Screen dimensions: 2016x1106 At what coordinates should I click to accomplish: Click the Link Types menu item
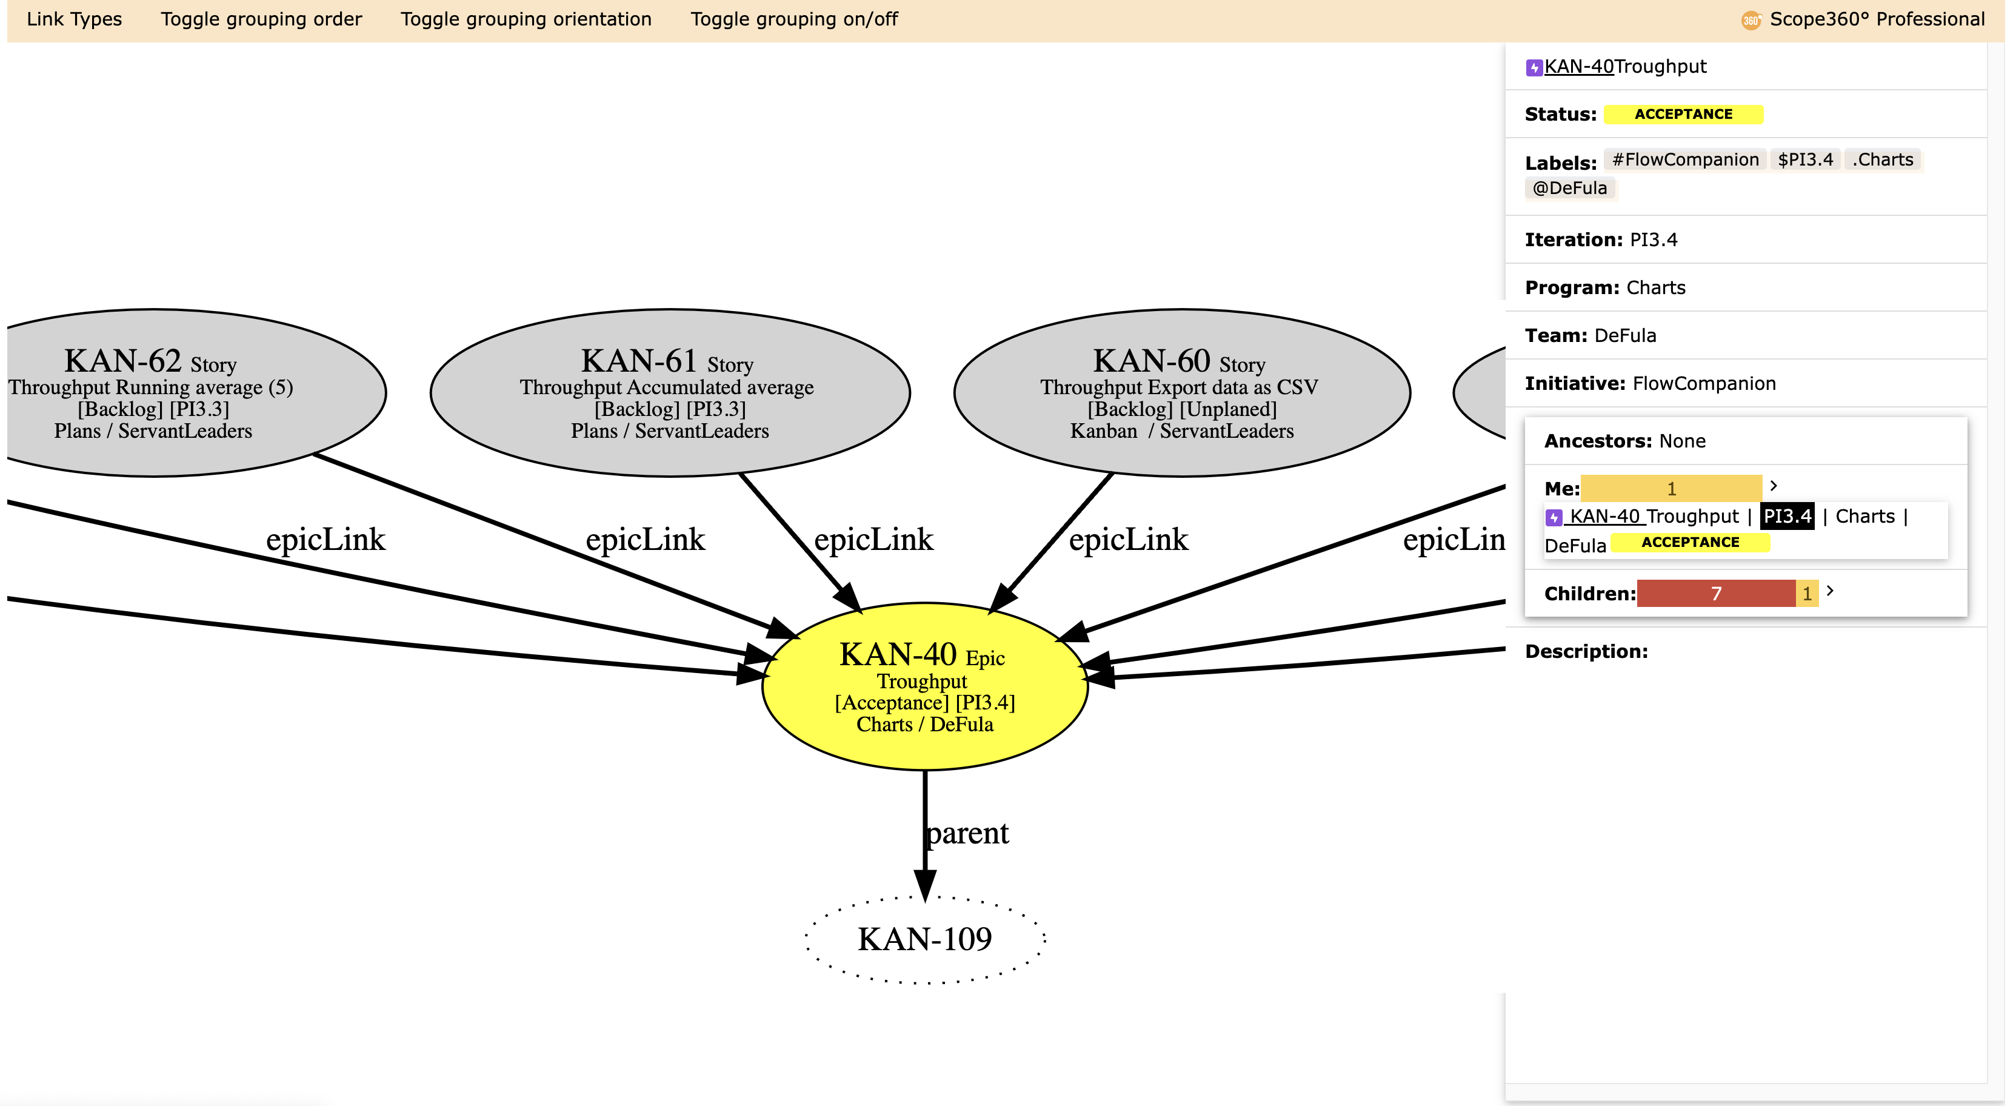(x=75, y=19)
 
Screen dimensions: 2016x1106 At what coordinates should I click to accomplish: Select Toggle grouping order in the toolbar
(x=261, y=19)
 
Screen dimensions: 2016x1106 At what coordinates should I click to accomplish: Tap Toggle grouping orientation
(x=526, y=19)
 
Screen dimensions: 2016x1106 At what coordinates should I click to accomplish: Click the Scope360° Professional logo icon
(x=1751, y=21)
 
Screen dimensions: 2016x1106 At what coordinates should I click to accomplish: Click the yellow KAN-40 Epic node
(x=925, y=686)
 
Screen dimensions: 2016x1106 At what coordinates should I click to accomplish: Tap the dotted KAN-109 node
(x=925, y=939)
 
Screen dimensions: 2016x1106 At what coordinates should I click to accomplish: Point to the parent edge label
(x=967, y=833)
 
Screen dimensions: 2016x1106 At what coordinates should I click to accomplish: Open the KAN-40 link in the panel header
(x=1578, y=67)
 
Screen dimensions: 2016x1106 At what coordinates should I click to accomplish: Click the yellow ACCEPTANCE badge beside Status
(x=1683, y=114)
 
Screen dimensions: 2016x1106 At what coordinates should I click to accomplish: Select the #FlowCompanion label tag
(x=1685, y=159)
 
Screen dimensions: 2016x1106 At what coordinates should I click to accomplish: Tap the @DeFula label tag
(x=1570, y=188)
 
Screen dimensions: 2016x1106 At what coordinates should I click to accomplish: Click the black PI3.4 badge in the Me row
(x=1787, y=517)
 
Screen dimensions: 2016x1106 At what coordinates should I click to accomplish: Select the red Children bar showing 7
(x=1716, y=593)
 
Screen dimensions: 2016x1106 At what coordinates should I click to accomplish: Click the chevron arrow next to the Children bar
(x=1830, y=591)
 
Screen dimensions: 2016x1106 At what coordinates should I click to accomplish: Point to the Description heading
(x=1586, y=651)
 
